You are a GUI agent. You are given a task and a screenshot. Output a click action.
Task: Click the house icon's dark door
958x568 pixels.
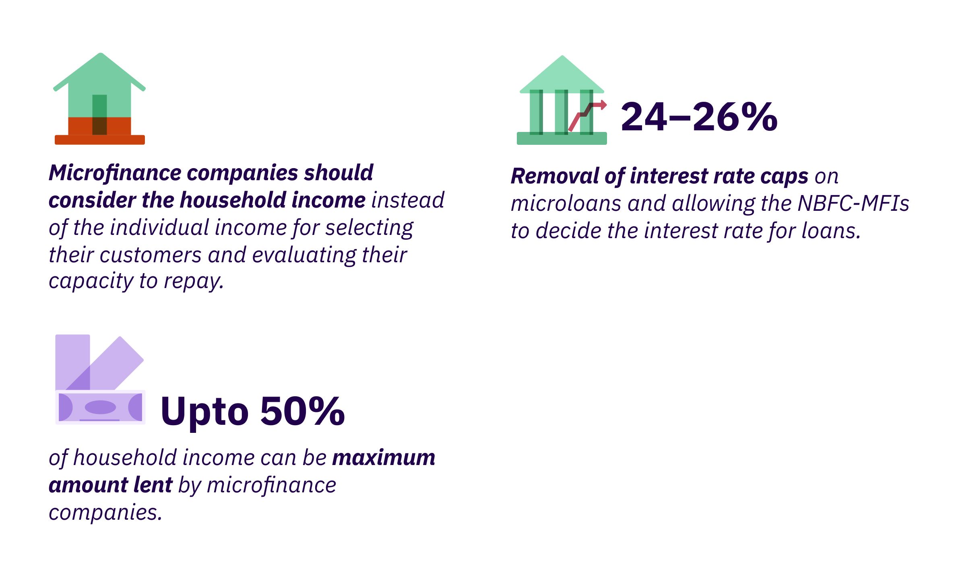(x=99, y=115)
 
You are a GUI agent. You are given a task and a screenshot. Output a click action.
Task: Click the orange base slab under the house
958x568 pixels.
(x=100, y=140)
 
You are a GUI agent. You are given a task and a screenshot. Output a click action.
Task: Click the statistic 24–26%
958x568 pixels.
(x=699, y=117)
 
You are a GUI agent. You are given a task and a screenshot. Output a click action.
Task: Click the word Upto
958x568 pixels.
(x=204, y=412)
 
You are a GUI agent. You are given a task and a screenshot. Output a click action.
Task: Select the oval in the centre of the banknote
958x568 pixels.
(x=100, y=407)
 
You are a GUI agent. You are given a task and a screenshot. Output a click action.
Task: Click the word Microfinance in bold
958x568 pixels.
(x=115, y=173)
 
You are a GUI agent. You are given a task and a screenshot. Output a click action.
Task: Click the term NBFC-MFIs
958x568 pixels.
(x=853, y=203)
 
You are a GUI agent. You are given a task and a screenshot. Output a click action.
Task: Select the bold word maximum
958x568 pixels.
(x=384, y=458)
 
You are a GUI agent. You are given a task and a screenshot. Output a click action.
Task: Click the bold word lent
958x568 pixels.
(x=153, y=485)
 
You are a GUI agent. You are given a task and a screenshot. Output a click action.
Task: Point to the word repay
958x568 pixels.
(x=194, y=281)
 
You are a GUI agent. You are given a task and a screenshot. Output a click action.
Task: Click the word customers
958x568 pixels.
(x=151, y=255)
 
